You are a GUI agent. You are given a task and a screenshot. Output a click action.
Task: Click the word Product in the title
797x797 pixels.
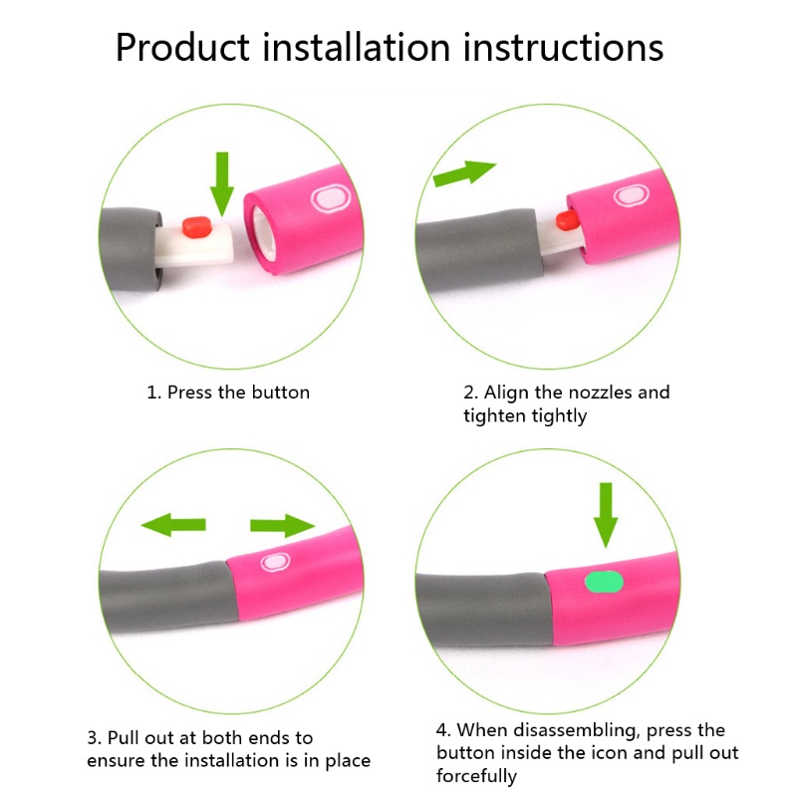[182, 47]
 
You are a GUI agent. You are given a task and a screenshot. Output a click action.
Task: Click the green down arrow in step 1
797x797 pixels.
[222, 183]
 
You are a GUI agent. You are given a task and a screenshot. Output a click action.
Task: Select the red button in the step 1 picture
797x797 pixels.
[197, 227]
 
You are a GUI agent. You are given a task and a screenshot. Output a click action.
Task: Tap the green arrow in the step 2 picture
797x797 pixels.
[464, 172]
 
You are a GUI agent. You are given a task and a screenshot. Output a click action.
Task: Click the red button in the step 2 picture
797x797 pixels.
[567, 220]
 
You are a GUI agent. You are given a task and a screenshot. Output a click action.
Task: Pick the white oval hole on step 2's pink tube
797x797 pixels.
[632, 195]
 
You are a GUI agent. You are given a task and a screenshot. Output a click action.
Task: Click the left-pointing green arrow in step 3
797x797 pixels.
[173, 525]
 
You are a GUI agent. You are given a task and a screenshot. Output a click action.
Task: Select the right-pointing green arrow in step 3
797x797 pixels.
[283, 525]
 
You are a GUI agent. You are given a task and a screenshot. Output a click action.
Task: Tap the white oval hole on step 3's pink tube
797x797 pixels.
[275, 563]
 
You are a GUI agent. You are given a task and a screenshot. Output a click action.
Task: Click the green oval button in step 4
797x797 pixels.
[604, 582]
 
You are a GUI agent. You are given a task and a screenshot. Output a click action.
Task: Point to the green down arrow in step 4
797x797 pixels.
[606, 515]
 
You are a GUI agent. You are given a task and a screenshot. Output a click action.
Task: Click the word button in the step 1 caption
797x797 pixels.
[281, 393]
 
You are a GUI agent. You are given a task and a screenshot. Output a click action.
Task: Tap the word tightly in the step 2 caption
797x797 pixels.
[559, 416]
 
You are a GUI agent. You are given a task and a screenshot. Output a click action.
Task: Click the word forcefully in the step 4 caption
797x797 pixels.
[476, 776]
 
